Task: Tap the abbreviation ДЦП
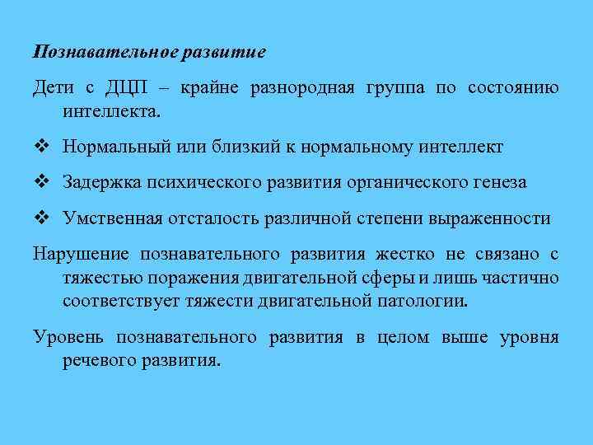pos(121,88)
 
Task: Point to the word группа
pos(392,88)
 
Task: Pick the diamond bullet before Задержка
pos(41,182)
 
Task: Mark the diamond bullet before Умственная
pos(41,218)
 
